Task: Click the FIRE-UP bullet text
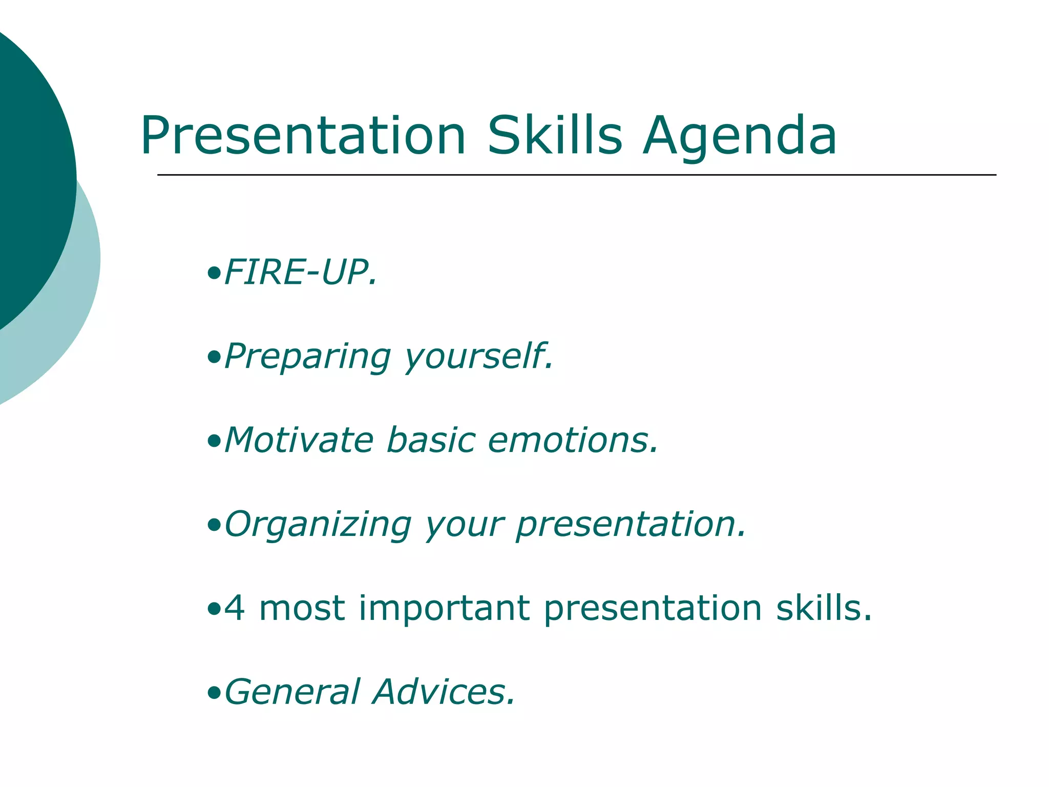click(x=300, y=272)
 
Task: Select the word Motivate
click(x=299, y=440)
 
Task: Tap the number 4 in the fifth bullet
click(x=235, y=608)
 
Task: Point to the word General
click(x=292, y=692)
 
